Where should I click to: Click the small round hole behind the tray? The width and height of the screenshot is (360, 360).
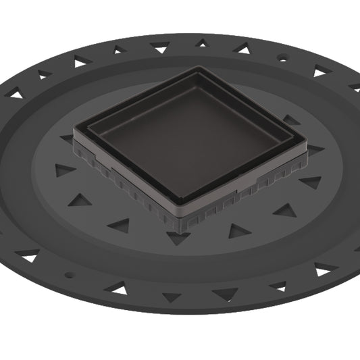[282, 59]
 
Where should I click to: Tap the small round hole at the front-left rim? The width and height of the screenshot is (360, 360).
[68, 275]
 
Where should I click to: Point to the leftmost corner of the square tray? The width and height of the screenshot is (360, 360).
[76, 126]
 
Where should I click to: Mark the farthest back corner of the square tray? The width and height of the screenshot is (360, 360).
[198, 68]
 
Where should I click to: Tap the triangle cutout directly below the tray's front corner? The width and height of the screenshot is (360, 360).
[178, 238]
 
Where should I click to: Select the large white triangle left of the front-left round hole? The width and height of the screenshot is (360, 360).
[28, 256]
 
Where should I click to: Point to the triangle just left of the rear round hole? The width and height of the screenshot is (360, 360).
[242, 48]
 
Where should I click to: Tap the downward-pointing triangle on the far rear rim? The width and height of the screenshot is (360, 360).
[160, 47]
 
